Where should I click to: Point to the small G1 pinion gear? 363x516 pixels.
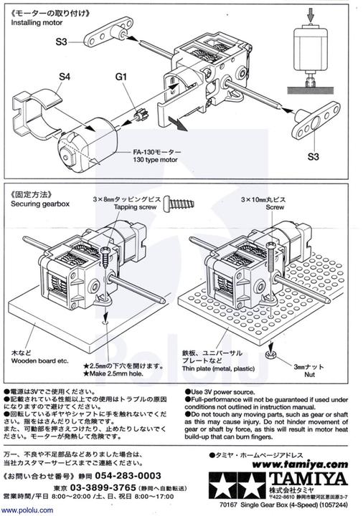141,113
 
